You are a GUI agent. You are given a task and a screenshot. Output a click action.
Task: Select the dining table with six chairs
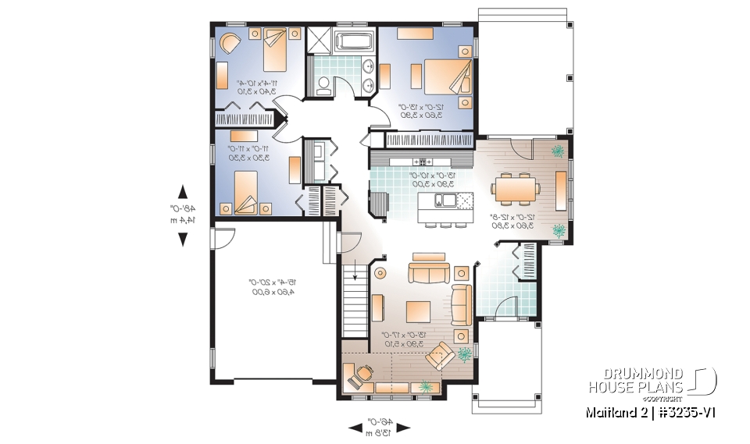click(x=515, y=187)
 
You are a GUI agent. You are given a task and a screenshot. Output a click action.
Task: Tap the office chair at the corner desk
click(x=361, y=373)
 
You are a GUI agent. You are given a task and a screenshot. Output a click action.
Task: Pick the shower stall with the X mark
click(x=320, y=39)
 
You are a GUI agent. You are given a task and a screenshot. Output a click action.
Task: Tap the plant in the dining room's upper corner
click(x=558, y=151)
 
